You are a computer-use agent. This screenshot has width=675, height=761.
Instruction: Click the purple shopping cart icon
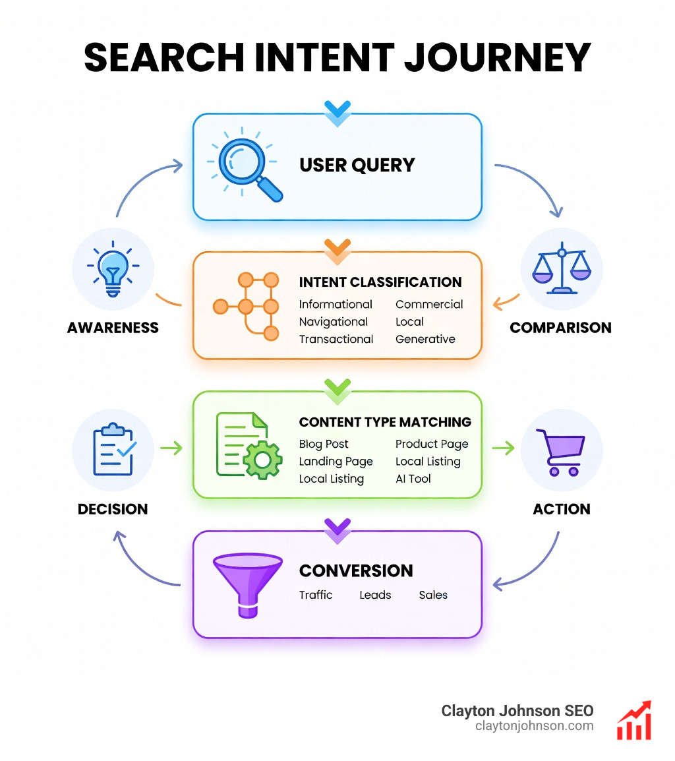(561, 452)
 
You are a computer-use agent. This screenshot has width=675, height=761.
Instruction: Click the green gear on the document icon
(262, 460)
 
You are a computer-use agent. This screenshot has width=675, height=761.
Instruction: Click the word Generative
(425, 339)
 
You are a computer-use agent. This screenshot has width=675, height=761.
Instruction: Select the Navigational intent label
(334, 322)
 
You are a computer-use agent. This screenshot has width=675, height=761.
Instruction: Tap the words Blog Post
(324, 444)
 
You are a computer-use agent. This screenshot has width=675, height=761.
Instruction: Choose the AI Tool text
(413, 479)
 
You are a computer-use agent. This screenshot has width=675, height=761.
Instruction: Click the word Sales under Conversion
(433, 595)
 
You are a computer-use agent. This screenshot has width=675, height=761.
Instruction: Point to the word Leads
(375, 595)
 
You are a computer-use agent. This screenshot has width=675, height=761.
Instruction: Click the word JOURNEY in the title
(498, 57)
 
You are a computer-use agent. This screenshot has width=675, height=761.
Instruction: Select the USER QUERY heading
(357, 164)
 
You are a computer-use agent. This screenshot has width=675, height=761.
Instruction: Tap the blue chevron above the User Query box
(337, 111)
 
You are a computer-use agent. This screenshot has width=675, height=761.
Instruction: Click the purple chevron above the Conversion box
(337, 528)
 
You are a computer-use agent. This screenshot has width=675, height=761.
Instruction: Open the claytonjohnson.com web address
(534, 726)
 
